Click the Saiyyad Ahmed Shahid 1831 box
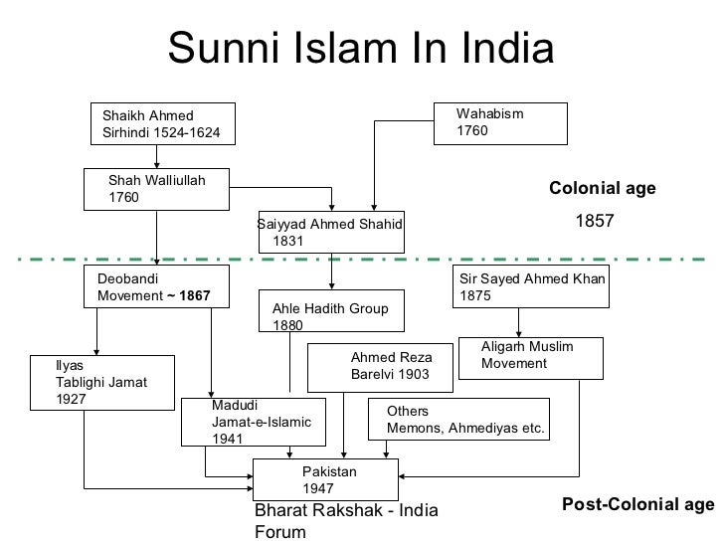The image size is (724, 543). point(330,233)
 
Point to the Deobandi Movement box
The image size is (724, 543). point(155,288)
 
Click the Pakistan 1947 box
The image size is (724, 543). point(325,481)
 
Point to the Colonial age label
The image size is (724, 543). point(603,187)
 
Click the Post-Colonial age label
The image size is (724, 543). point(637,505)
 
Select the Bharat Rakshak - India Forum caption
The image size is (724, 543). point(332,521)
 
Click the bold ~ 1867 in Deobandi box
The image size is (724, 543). point(188,297)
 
